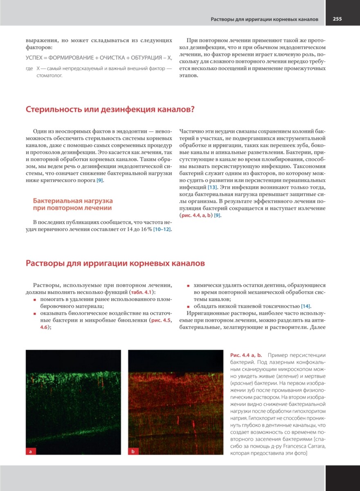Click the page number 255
[x=337, y=19]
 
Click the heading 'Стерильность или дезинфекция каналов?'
[x=110, y=110]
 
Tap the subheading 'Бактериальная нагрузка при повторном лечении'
[x=73, y=204]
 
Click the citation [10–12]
[x=162, y=229]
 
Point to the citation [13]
[x=212, y=187]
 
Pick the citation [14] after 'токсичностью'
[x=306, y=306]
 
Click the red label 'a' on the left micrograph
[x=31, y=451]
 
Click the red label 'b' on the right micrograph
[x=133, y=451]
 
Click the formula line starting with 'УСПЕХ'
[x=99, y=58]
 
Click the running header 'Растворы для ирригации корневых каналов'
[x=264, y=19]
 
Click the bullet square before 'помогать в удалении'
[x=35, y=300]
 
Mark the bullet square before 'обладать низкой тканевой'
[x=189, y=306]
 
